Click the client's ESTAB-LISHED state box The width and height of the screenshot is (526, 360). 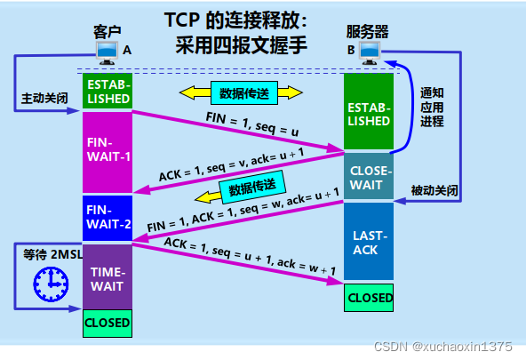[x=108, y=92]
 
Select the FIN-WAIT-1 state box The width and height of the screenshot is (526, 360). [x=108, y=149]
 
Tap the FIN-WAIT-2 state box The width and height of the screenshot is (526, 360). [x=108, y=217]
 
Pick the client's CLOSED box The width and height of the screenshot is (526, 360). [x=108, y=323]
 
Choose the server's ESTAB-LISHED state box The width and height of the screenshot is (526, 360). [x=369, y=113]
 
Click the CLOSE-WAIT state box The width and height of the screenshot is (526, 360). [x=369, y=175]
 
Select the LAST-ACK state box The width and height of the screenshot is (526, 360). [x=369, y=242]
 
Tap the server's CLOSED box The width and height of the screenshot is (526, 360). [x=369, y=297]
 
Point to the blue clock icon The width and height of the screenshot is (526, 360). [x=50, y=283]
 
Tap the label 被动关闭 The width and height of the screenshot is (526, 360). [x=435, y=190]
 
